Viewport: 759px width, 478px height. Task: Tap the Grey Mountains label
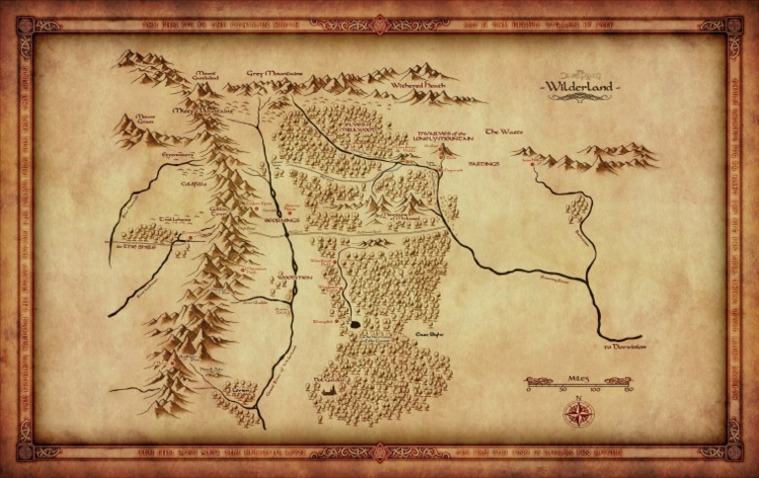pyautogui.click(x=275, y=72)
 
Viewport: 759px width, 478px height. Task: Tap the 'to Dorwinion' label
pyautogui.click(x=625, y=347)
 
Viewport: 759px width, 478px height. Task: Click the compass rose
pyautogui.click(x=576, y=412)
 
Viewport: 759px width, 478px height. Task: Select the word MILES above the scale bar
pyautogui.click(x=578, y=377)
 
